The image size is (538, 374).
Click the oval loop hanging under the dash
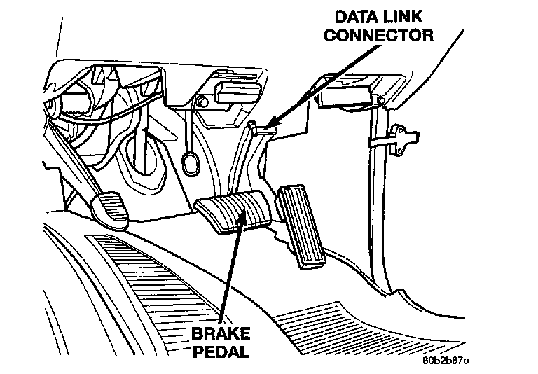coord(189,165)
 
